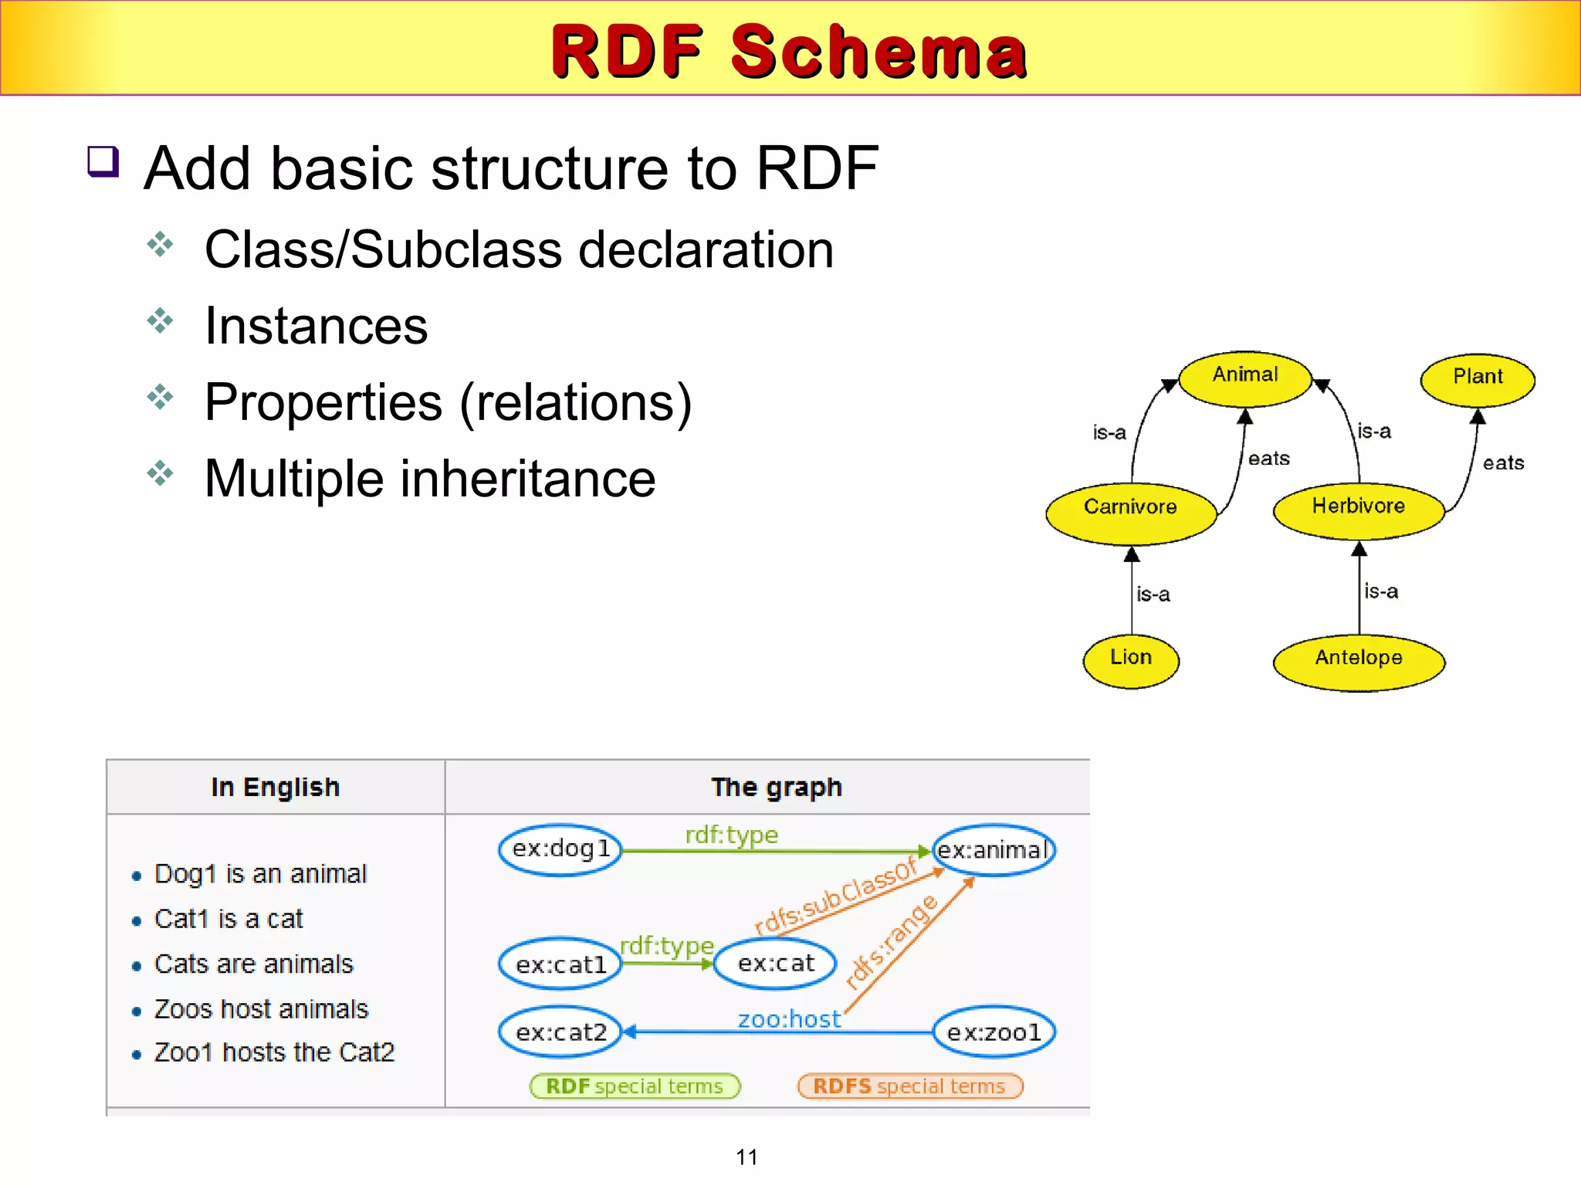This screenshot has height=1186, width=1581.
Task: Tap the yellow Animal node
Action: click(x=1244, y=378)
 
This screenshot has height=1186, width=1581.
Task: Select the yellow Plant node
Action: click(x=1477, y=378)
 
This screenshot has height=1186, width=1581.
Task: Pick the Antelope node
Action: click(x=1358, y=660)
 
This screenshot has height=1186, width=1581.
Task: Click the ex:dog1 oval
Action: click(x=560, y=849)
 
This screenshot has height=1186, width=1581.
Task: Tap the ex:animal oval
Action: click(x=994, y=850)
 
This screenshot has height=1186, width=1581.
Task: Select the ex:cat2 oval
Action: click(x=560, y=1032)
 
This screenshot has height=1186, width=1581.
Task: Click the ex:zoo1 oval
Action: click(x=994, y=1032)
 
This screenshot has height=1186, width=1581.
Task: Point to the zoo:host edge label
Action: click(x=788, y=1019)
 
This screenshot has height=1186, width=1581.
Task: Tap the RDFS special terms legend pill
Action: click(x=909, y=1086)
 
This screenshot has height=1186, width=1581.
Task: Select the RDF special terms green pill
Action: click(x=635, y=1086)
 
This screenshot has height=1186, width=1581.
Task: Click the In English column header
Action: click(x=276, y=787)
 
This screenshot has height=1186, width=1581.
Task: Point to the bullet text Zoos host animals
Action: click(x=261, y=1009)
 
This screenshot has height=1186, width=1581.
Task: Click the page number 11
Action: click(x=746, y=1157)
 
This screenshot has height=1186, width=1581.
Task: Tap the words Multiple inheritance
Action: click(x=430, y=479)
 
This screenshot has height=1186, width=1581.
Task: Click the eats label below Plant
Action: click(x=1502, y=463)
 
